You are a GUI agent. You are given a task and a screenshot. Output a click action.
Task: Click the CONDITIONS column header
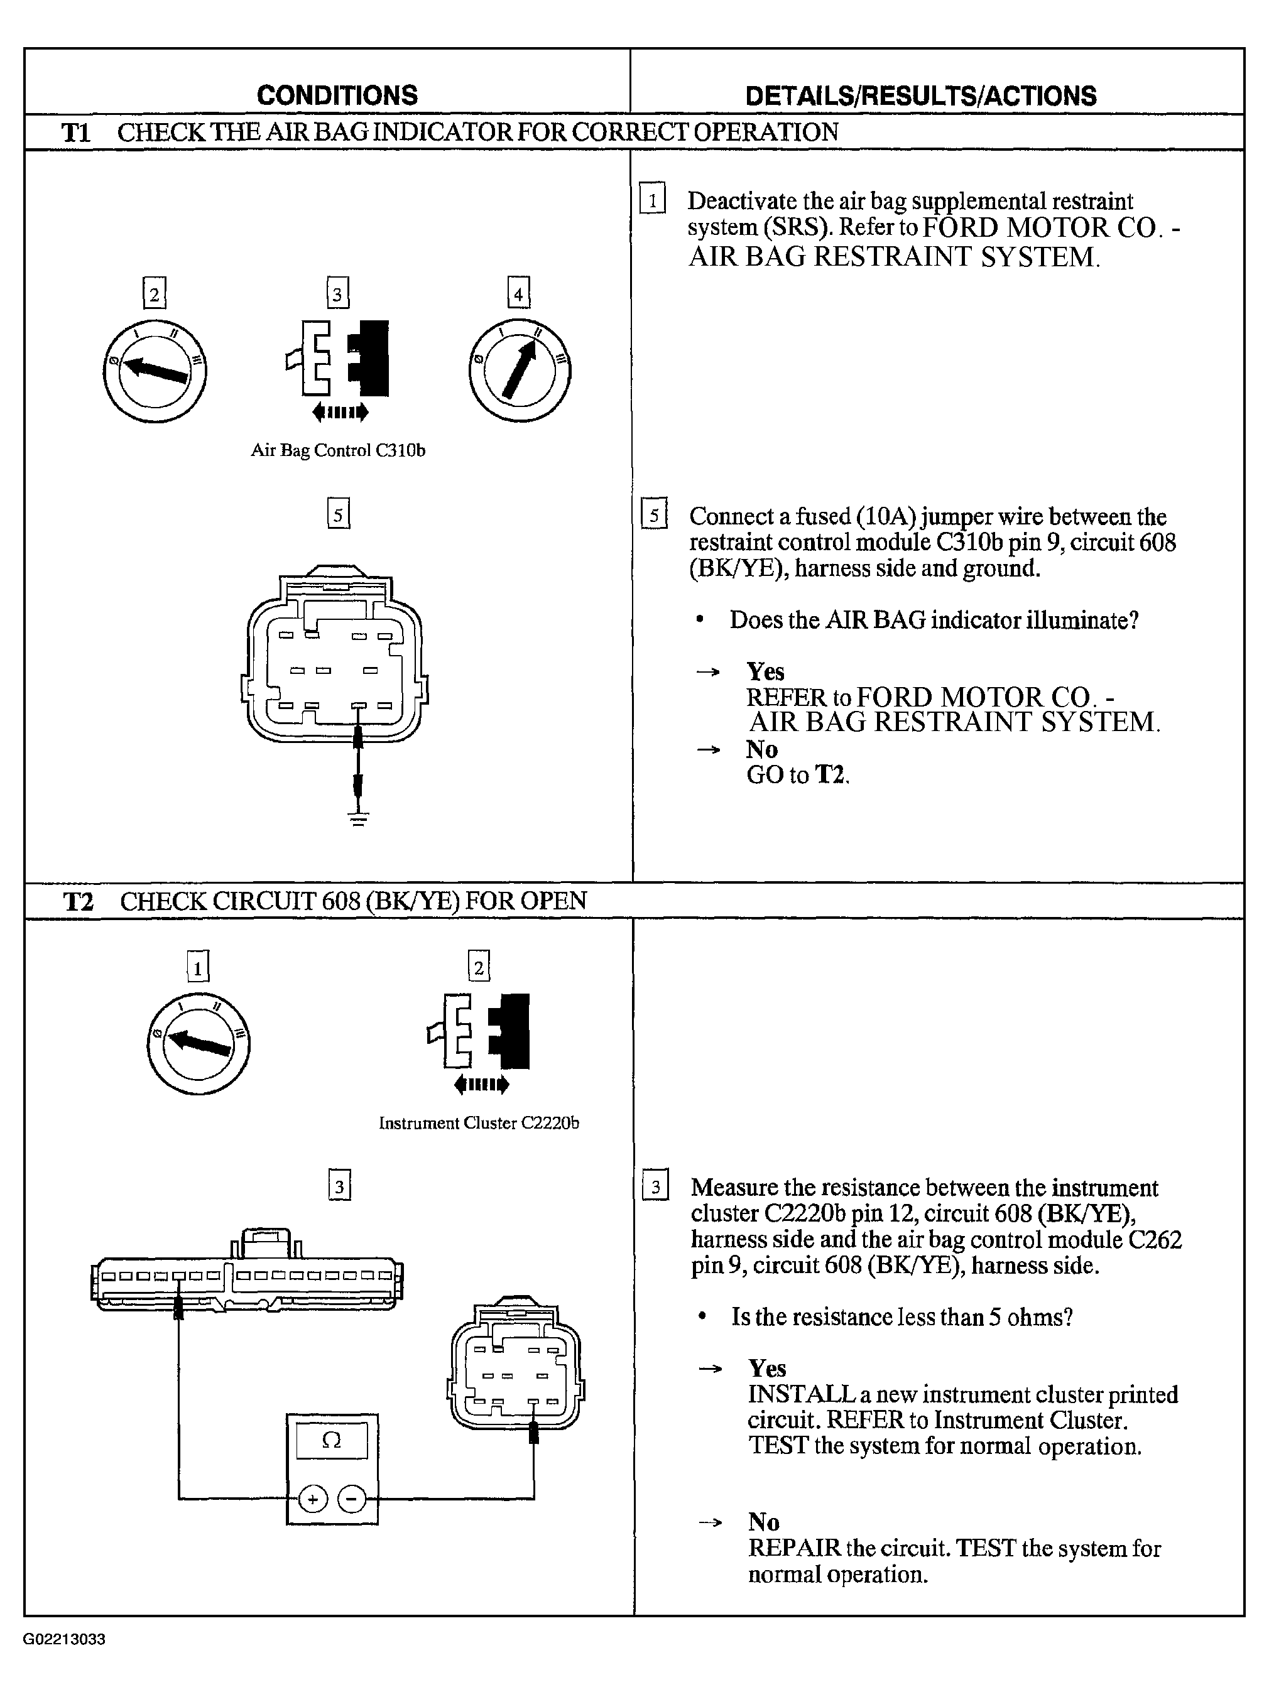337,95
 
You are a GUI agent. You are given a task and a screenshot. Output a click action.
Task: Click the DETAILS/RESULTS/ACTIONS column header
921,95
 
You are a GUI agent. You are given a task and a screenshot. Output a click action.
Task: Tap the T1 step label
76,133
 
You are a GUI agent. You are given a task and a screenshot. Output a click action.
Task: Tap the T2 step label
78,901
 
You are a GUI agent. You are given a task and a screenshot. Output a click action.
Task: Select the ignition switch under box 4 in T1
520,370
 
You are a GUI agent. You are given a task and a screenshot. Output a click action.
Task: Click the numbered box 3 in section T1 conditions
337,292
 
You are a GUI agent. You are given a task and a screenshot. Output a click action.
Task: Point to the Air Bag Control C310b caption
338,450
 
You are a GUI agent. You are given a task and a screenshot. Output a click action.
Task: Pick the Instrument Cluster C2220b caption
479,1124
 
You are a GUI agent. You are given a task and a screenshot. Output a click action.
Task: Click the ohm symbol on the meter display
331,1440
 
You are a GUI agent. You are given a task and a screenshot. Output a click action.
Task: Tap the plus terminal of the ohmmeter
312,1499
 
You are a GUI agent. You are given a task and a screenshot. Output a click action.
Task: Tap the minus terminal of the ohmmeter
352,1499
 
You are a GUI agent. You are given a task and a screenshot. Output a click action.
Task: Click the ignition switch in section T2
198,1043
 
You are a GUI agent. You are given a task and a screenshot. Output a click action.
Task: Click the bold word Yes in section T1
766,671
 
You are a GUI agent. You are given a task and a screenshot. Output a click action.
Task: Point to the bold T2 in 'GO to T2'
830,775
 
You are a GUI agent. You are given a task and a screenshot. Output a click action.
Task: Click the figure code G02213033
63,1639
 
